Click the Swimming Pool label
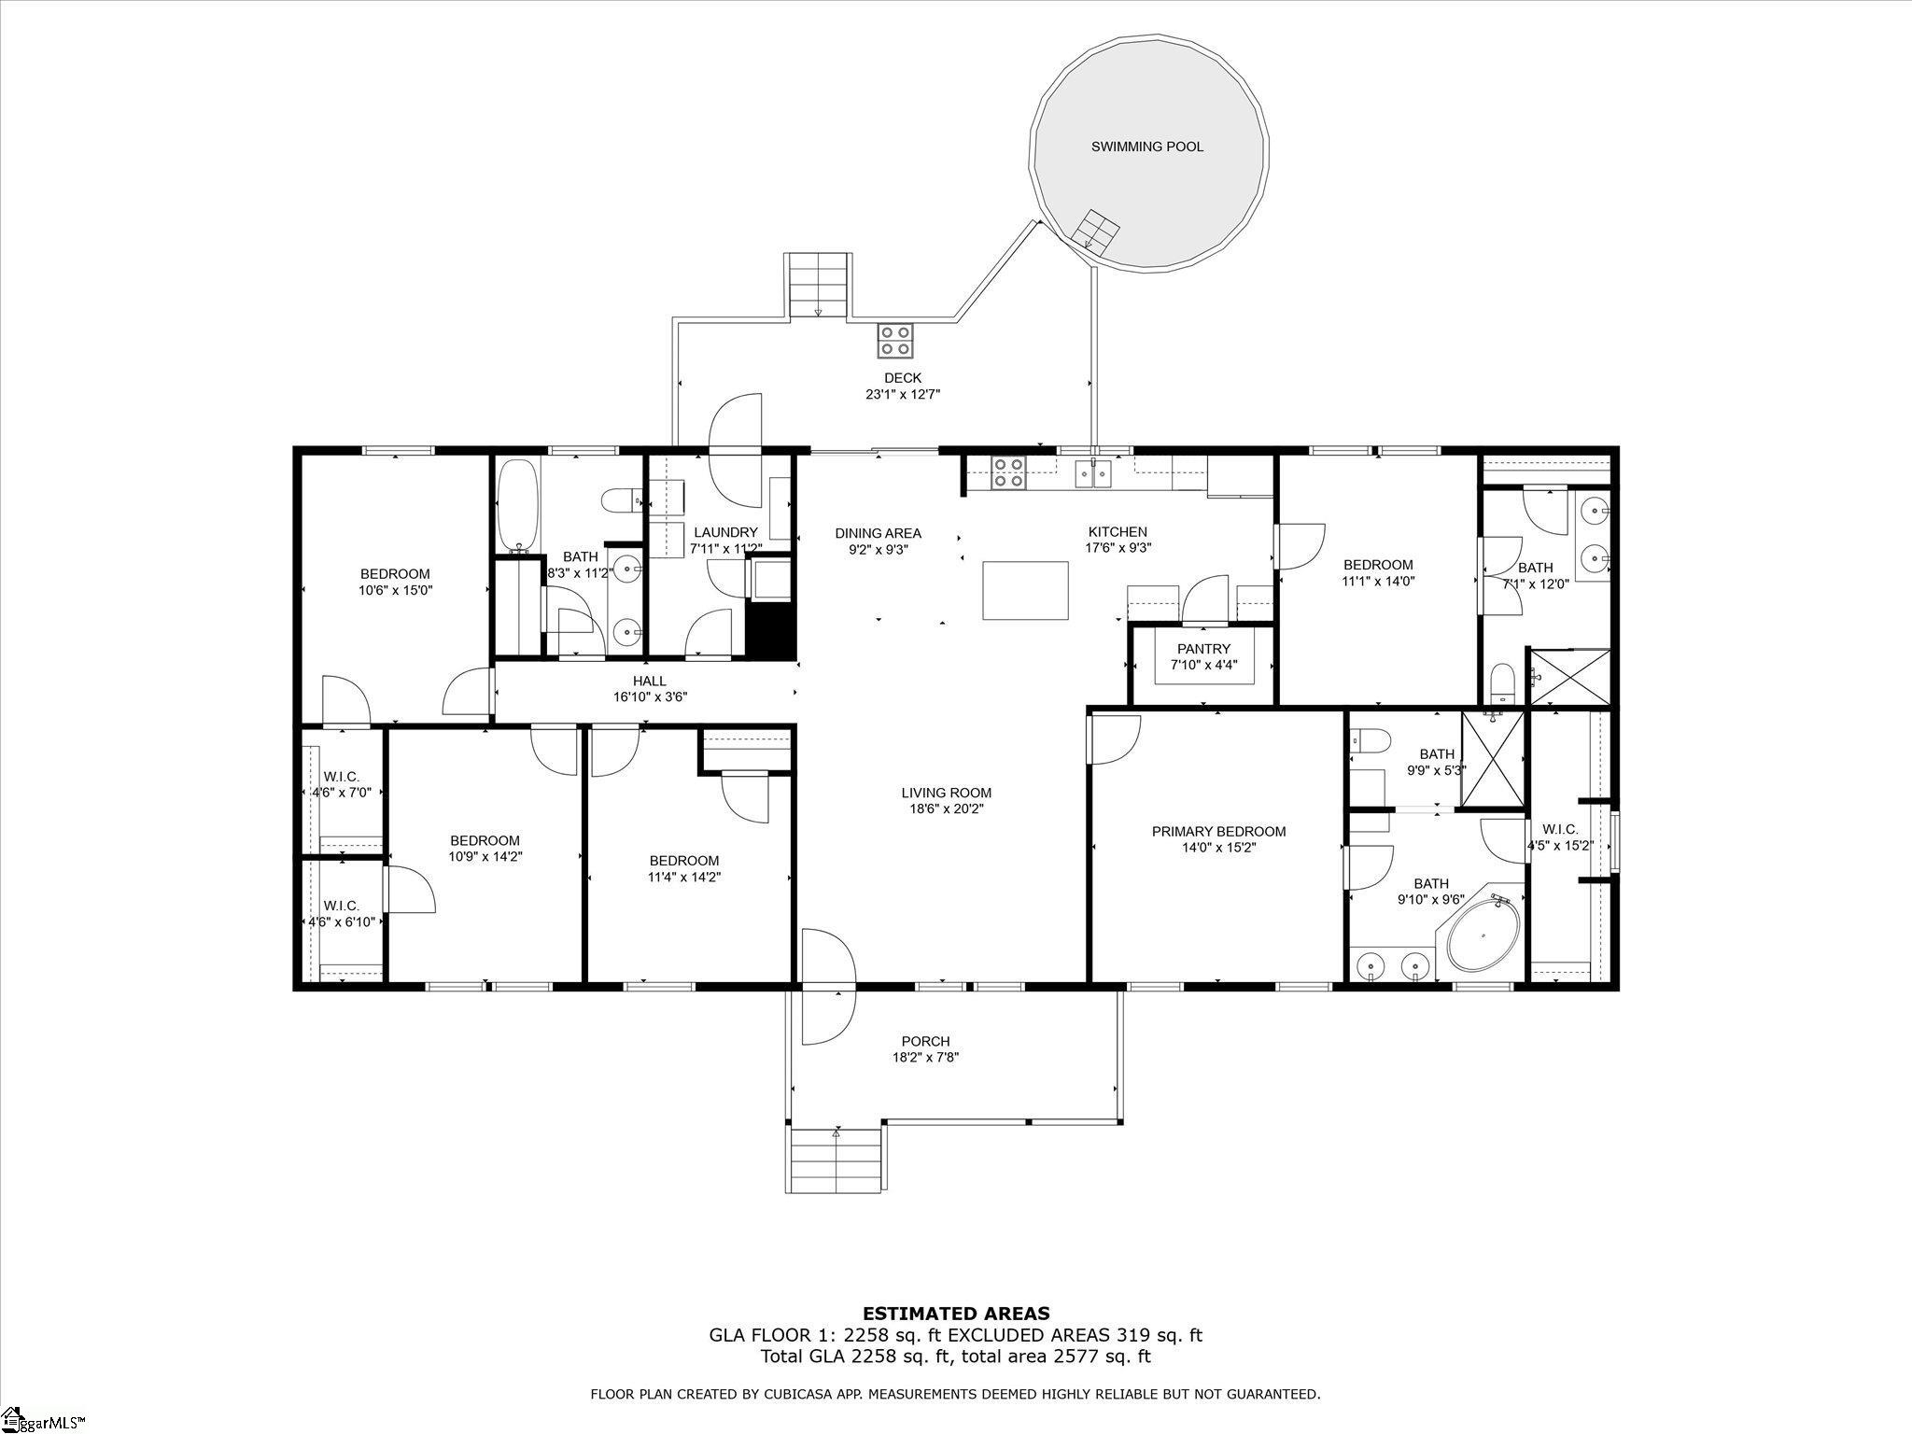(x=1147, y=147)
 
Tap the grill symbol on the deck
(x=895, y=340)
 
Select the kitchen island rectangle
(x=1025, y=590)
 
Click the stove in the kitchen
(x=1007, y=472)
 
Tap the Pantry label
(x=1204, y=649)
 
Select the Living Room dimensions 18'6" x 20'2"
(x=947, y=808)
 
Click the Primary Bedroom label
(x=1218, y=831)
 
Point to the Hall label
(x=650, y=681)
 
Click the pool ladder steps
(x=1094, y=230)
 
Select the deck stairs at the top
(x=818, y=286)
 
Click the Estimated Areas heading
(x=956, y=1314)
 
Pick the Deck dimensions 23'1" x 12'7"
(x=903, y=394)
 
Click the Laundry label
(x=725, y=532)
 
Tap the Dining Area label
(x=878, y=533)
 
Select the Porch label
(x=926, y=1041)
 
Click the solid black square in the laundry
(x=769, y=632)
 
